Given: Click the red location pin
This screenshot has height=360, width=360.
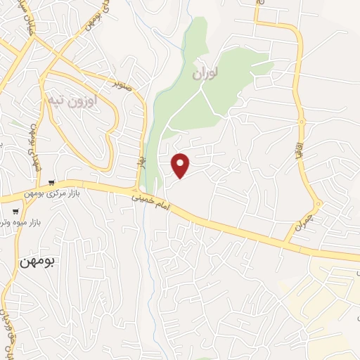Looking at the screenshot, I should coord(181,165).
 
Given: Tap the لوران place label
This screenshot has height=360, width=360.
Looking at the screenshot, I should coord(205,72).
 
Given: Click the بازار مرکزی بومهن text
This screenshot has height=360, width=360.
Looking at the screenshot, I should coord(83,193).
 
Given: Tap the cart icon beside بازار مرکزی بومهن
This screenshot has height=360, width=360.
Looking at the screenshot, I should coord(51,183).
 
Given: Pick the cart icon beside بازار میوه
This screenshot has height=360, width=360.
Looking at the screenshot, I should coord(15,210).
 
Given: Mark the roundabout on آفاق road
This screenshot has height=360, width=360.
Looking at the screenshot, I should coord(302,122).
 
